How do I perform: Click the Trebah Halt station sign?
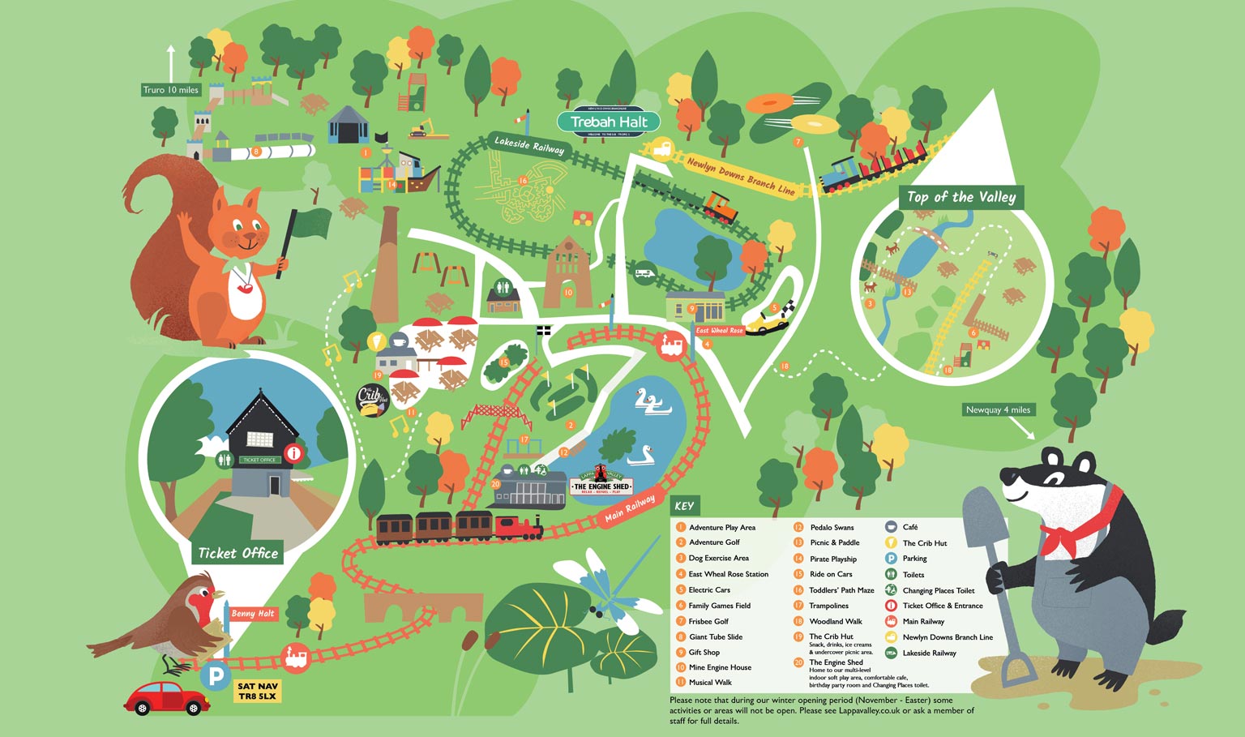pyautogui.click(x=609, y=122)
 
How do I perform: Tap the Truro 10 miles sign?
pyautogui.click(x=171, y=90)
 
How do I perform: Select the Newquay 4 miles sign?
pyautogui.click(x=998, y=409)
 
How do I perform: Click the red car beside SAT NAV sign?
pyautogui.click(x=166, y=697)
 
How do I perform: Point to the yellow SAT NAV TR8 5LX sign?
pyautogui.click(x=257, y=691)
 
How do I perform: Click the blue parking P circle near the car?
pyautogui.click(x=216, y=675)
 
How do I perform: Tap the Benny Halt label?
pyautogui.click(x=253, y=614)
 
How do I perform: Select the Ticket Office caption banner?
pyautogui.click(x=238, y=553)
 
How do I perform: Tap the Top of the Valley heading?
pyautogui.click(x=960, y=197)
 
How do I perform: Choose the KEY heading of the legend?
pyautogui.click(x=684, y=506)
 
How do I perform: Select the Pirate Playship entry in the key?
pyautogui.click(x=832, y=559)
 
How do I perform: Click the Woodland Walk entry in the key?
pyautogui.click(x=835, y=621)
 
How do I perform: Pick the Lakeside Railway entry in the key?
pyautogui.click(x=929, y=653)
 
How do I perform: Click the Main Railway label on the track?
pyautogui.click(x=629, y=508)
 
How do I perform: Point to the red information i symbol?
pyautogui.click(x=293, y=454)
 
